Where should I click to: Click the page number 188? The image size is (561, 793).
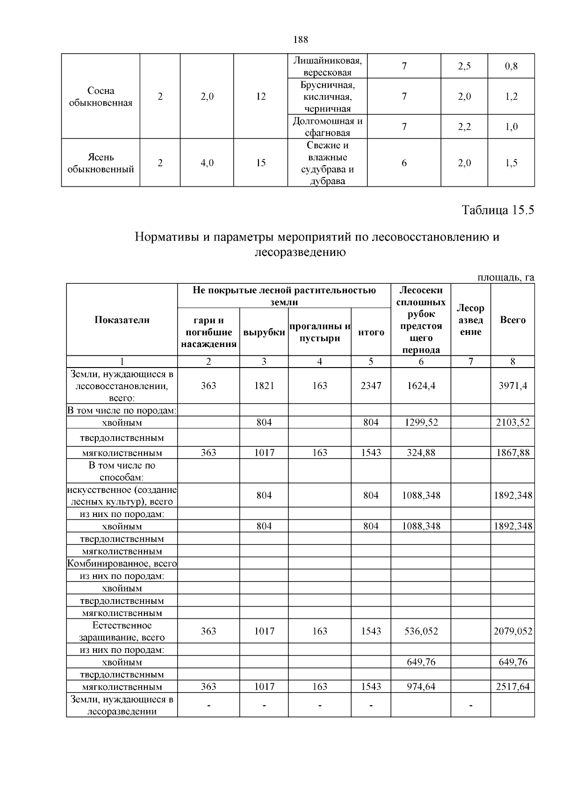tap(301, 40)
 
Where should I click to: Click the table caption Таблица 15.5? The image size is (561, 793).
tap(497, 210)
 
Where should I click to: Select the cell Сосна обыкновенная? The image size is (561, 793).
tap(101, 97)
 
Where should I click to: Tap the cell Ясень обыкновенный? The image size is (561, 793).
tap(101, 163)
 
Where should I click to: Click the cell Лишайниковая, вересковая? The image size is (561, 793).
tap(327, 66)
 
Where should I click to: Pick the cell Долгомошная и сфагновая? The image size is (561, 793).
tap(327, 127)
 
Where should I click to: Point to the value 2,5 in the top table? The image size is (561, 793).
tap(464, 66)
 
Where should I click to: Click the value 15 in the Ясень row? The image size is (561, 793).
tap(260, 163)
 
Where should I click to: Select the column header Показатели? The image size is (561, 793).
tap(122, 320)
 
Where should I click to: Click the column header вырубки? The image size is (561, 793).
tap(264, 333)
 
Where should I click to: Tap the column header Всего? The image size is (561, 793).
tap(512, 320)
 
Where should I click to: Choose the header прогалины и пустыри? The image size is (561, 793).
tap(320, 333)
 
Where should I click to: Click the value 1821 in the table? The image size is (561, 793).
tap(264, 386)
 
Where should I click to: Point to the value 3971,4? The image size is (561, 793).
tap(512, 386)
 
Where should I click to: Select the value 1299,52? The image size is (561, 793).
tap(421, 423)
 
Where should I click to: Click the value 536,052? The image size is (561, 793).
tap(421, 631)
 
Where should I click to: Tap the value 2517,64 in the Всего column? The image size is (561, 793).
tap(512, 687)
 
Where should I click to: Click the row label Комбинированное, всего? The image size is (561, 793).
tap(122, 564)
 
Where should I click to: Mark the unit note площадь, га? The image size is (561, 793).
tap(505, 278)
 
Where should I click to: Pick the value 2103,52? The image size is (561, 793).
tap(512, 423)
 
